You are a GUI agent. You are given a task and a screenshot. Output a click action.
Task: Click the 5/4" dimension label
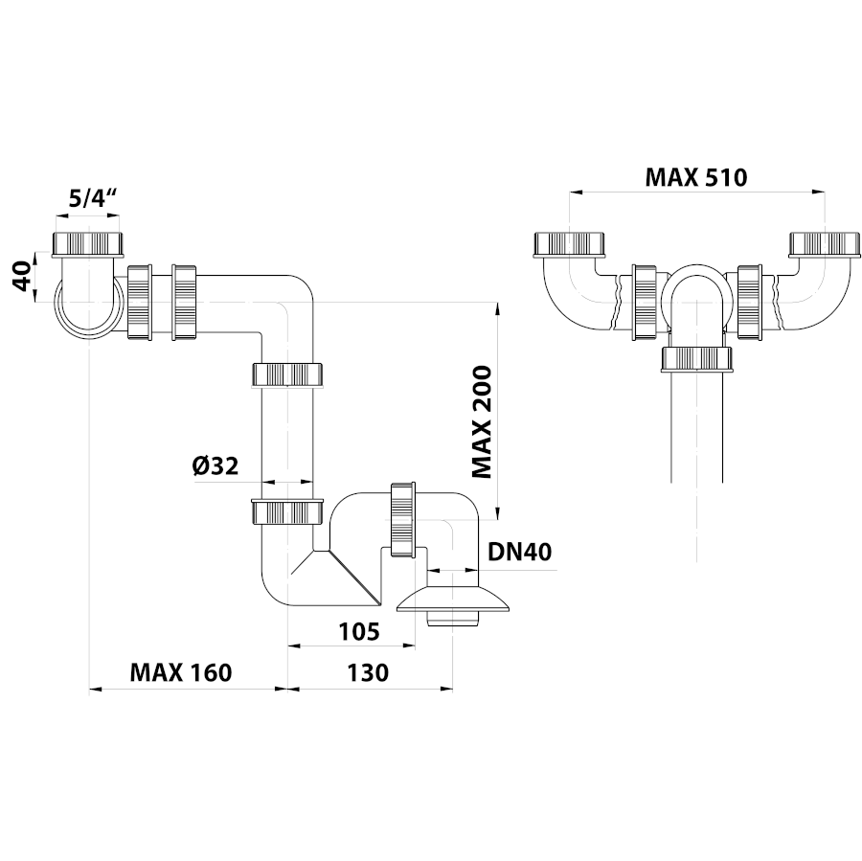click(93, 200)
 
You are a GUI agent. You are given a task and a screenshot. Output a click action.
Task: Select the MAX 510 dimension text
click(695, 177)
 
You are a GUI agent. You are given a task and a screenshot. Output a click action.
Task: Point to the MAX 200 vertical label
click(481, 421)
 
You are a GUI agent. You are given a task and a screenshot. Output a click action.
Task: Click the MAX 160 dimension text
click(181, 672)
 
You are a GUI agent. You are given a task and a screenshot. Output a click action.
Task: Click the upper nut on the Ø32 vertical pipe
click(287, 373)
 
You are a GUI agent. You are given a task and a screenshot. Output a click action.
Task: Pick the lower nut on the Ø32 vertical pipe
click(287, 511)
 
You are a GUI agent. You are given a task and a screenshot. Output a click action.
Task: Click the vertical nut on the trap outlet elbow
click(401, 517)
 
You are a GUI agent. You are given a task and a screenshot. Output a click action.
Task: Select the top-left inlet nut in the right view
click(570, 244)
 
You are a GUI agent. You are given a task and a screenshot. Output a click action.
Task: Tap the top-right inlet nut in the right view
click(822, 244)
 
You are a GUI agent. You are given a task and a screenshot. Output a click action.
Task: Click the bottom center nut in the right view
click(697, 358)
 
